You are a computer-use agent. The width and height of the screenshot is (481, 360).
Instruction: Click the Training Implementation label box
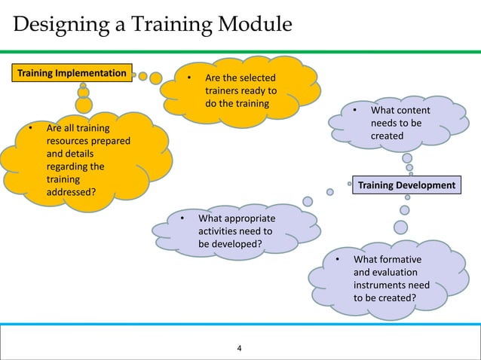tap(72, 73)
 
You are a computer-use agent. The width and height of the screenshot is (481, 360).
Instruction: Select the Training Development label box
tap(406, 185)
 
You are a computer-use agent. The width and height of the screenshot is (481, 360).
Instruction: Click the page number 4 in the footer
tap(240, 348)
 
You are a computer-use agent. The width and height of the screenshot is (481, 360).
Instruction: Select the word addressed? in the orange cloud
tap(71, 192)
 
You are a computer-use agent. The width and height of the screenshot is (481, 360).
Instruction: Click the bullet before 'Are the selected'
tap(188, 78)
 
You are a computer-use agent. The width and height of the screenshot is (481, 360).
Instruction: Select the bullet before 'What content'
tap(354, 111)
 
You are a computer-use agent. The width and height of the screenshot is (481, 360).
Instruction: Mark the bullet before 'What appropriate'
tap(182, 219)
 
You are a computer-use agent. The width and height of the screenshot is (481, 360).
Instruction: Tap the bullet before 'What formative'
tap(338, 260)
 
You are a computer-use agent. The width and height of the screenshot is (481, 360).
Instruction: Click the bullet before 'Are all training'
tap(31, 128)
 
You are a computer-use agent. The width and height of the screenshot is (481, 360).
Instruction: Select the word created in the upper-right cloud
tap(387, 136)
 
